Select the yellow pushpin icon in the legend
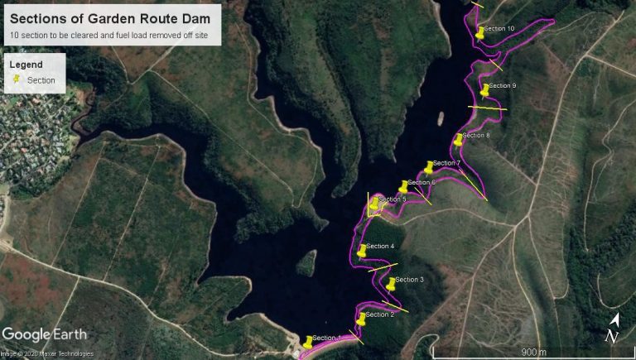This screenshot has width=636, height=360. coord(17,80)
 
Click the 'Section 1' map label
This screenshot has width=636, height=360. coord(326,338)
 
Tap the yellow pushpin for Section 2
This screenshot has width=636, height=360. coord(361,318)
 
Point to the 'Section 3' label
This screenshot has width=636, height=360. coord(409,280)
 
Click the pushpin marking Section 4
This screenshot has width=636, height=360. coord(362,250)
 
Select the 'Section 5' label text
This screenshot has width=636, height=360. coord(392,199)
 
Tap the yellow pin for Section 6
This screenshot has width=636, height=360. coord(403,186)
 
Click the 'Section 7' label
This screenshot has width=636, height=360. coord(446,163)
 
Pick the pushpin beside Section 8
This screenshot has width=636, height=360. coord(459,139)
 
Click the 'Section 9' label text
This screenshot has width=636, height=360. coord(502,85)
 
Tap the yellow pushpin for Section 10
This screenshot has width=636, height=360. coord(480,32)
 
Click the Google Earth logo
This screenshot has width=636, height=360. coord(38,334)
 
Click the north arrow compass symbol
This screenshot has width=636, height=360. coord(613,329)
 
